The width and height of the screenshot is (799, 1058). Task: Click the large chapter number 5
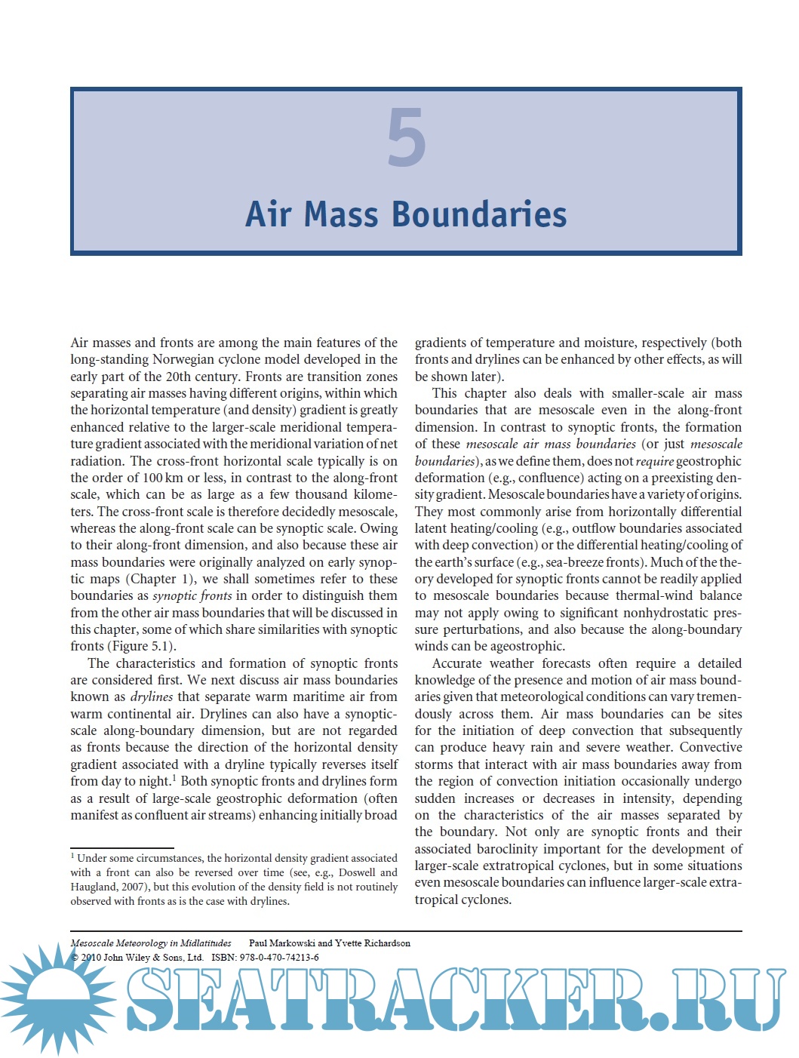pyautogui.click(x=407, y=137)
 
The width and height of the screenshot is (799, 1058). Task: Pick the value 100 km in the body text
pyautogui.click(x=162, y=478)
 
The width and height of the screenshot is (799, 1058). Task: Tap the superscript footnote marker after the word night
pyautogui.click(x=174, y=777)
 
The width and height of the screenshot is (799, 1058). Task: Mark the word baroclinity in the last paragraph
pyautogui.click(x=489, y=849)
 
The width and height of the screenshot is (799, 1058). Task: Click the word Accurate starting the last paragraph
pyautogui.click(x=457, y=663)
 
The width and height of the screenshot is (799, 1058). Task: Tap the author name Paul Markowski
pyautogui.click(x=281, y=943)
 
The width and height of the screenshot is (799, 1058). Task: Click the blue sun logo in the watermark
pyautogui.click(x=57, y=997)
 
